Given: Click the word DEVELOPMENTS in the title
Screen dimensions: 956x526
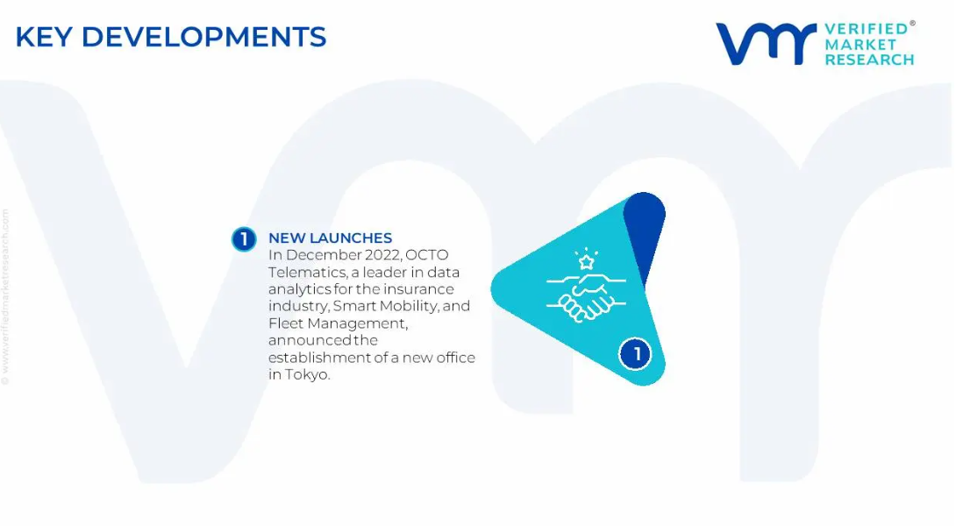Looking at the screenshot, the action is pos(203,37).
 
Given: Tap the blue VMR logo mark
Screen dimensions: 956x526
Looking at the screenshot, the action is pos(766,44).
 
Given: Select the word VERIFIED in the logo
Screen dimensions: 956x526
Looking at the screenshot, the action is pos(867,29).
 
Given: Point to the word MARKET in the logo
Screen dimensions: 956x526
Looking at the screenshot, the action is pos(860,45).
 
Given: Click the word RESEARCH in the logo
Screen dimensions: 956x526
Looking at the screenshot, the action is pos(869,60).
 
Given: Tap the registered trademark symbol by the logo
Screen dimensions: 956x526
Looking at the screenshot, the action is pos(912,24).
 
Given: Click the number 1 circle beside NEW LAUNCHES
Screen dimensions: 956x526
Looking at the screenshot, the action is pos(244,239).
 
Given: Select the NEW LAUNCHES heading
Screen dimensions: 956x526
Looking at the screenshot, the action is pos(331,238).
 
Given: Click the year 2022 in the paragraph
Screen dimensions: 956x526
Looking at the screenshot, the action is pos(382,255).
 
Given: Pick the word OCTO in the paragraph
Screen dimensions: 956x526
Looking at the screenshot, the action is pos(427,255).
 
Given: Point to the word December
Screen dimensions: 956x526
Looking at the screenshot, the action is pos(323,255).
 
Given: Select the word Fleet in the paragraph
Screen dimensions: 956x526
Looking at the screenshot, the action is pos(285,323).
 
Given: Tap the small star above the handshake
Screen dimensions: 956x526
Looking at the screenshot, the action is pos(587,262).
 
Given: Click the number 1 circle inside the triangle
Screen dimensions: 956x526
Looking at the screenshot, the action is pos(635,353).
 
